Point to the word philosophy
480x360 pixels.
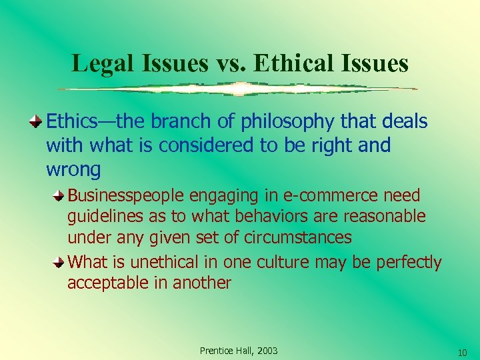pyautogui.click(x=270, y=122)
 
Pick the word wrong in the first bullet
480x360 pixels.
pyautogui.click(x=73, y=169)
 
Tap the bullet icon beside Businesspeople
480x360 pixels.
pyautogui.click(x=60, y=195)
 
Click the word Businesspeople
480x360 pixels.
pyautogui.click(x=127, y=195)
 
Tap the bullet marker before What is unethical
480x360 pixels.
pyautogui.click(x=60, y=261)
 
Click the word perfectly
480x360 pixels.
pyautogui.click(x=409, y=262)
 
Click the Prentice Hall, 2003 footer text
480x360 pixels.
pyautogui.click(x=239, y=351)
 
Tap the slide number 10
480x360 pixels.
pyautogui.click(x=462, y=351)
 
